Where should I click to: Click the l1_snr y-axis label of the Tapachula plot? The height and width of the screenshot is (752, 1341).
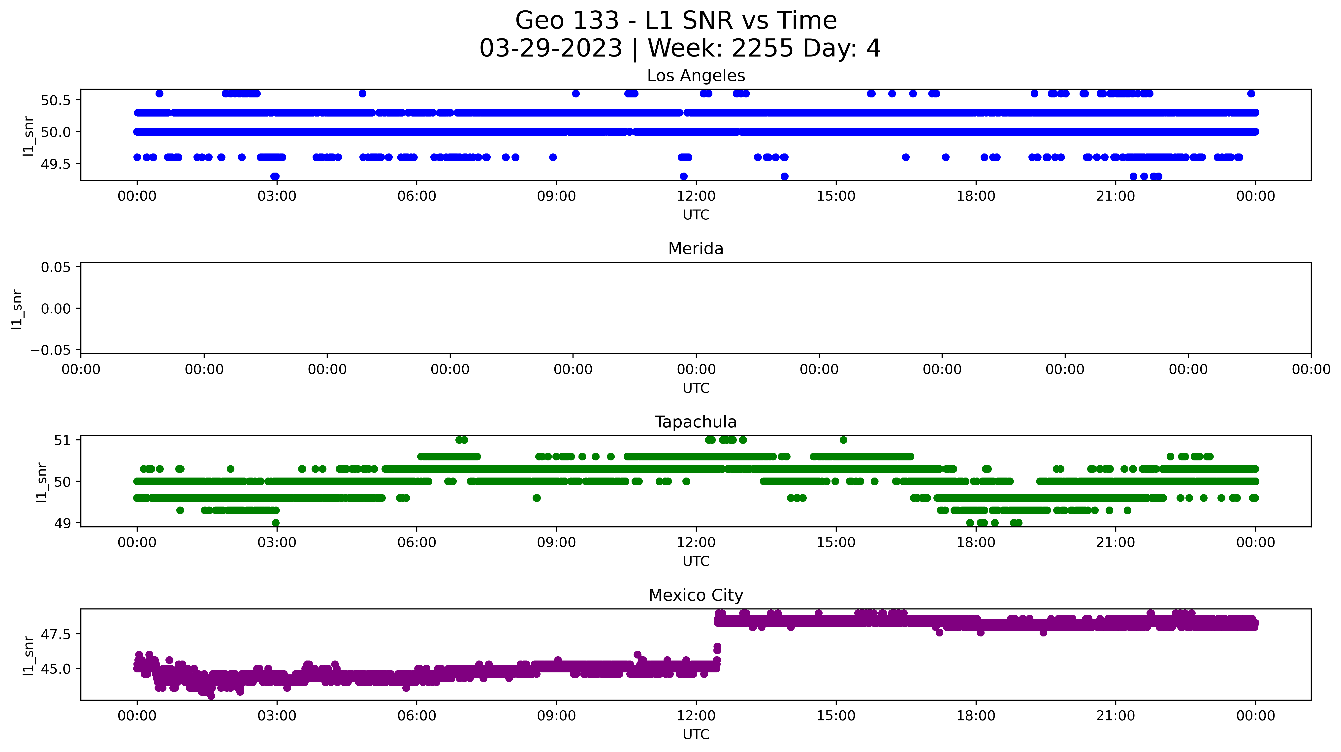(x=42, y=482)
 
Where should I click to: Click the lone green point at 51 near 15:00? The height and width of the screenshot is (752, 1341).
(x=843, y=440)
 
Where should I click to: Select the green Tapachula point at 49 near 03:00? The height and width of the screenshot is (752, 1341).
(x=276, y=522)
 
